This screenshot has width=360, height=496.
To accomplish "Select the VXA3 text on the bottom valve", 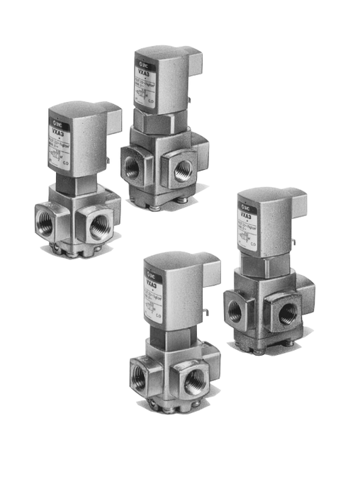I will tap(152, 286).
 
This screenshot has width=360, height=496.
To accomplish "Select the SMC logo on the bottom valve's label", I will tap(152, 276).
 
